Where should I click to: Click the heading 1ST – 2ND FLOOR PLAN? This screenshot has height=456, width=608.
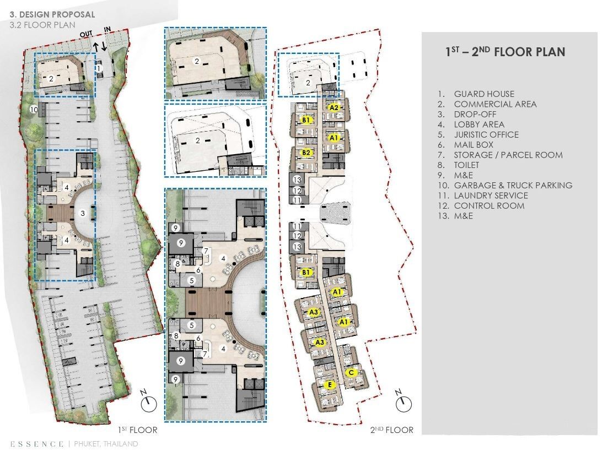[x=505, y=52]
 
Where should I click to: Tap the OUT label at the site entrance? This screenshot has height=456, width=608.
[x=86, y=34]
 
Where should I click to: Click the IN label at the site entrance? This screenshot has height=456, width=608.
[x=107, y=29]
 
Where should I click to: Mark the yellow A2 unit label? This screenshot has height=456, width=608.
[x=334, y=107]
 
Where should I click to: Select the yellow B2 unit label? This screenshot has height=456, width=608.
[x=306, y=152]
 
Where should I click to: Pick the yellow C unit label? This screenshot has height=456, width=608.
[x=351, y=373]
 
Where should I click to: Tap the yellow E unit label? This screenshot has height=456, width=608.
[x=330, y=385]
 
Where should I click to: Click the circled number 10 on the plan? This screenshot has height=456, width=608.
[x=34, y=110]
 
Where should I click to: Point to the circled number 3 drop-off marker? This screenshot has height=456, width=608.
[x=83, y=213]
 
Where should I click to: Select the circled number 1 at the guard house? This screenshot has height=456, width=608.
[x=99, y=68]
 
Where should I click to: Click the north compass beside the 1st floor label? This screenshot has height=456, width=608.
[x=149, y=403]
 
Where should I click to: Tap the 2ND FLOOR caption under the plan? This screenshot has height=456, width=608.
[x=391, y=430]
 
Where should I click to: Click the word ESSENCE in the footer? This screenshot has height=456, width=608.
[x=37, y=443]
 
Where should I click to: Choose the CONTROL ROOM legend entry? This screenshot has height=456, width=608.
[x=489, y=206]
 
